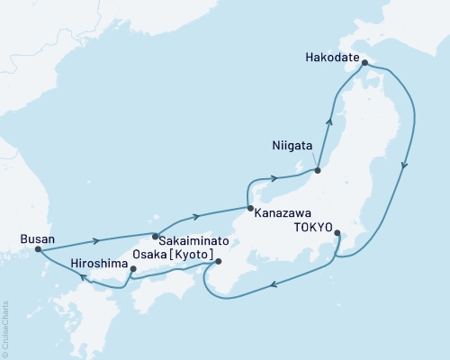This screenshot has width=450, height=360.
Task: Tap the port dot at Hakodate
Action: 364,63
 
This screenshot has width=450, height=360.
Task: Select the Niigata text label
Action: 292,146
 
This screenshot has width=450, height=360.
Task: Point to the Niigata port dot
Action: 317,167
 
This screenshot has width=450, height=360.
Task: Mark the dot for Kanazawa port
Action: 249,209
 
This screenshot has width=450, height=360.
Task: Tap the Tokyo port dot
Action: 337,234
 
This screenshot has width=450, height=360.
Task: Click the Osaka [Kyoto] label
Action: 172,256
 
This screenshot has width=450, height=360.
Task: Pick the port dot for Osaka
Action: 218,262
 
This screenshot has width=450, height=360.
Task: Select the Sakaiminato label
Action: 193,242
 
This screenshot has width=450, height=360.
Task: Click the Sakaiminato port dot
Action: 155,238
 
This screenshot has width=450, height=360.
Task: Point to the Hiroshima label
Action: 98,266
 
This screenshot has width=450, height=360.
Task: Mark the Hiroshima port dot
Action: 132,267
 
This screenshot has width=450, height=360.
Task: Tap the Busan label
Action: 37,239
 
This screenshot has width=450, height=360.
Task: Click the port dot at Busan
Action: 38,251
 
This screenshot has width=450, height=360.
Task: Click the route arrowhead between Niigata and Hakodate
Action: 329,120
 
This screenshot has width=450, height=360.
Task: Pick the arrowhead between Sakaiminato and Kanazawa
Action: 195,217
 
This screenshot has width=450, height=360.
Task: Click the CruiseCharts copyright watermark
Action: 5,328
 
